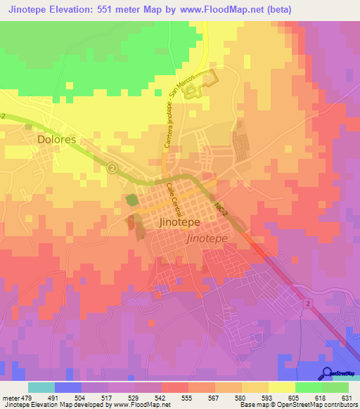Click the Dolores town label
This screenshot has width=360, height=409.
tap(56, 139)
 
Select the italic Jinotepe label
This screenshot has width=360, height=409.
tap(206, 238)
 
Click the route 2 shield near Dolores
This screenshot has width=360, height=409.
tap(112, 168)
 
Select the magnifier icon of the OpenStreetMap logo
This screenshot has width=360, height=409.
tap(326, 373)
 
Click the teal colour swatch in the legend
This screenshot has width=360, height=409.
tap(41, 387)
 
